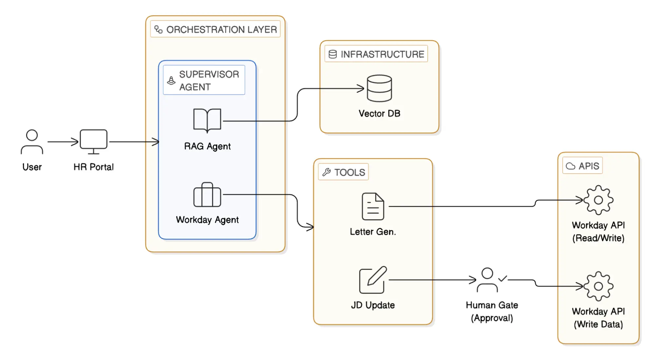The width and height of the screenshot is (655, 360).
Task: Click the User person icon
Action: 32,142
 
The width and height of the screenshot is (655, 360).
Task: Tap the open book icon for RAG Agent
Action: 207,120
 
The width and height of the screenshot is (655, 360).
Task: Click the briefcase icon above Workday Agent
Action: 207,195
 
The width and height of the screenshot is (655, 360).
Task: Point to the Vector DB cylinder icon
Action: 379,88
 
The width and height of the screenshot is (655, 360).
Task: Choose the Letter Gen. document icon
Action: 373,206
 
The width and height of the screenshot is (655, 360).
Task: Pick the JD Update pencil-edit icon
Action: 373,280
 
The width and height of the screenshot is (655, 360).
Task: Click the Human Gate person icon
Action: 487,280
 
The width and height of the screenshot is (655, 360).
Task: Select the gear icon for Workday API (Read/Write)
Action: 598,200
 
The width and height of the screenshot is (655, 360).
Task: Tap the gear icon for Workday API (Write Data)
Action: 598,286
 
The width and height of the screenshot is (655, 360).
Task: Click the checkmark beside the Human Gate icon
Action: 503,279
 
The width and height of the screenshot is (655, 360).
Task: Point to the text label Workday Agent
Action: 207,220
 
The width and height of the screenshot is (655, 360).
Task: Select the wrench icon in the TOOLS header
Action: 326,172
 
